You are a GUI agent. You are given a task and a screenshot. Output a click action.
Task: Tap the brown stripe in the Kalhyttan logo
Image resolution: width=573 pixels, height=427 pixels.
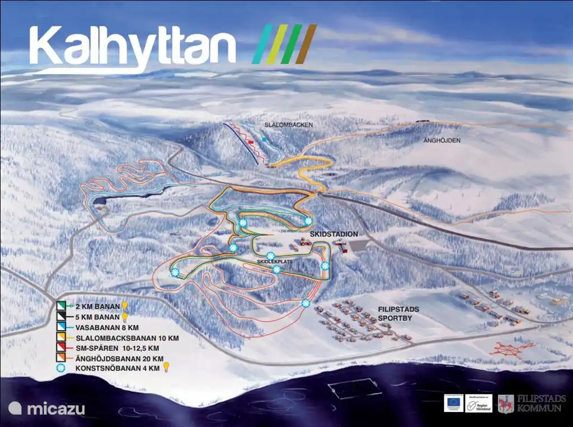pyautogui.click(x=306, y=44)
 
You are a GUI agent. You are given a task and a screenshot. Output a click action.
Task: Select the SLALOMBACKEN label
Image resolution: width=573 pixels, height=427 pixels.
pyautogui.click(x=288, y=124)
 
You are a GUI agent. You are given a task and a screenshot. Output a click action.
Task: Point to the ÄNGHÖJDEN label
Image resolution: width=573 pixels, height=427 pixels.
pyautogui.click(x=442, y=141)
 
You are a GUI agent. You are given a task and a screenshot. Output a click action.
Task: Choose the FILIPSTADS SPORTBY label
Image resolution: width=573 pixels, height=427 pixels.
pyautogui.click(x=398, y=313)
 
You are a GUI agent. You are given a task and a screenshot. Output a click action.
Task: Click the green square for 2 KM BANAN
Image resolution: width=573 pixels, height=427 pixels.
pyautogui.click(x=62, y=307)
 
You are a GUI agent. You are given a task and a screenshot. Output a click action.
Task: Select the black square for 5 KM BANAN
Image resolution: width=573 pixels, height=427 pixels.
pyautogui.click(x=62, y=317)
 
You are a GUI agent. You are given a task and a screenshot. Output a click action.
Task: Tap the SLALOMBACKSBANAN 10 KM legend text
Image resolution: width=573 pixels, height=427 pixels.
pyautogui.click(x=116, y=338)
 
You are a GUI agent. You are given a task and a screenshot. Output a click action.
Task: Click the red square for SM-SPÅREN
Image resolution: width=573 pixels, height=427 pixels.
pyautogui.click(x=62, y=348)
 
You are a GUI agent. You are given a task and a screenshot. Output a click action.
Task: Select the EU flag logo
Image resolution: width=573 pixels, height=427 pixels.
pyautogui.click(x=453, y=402)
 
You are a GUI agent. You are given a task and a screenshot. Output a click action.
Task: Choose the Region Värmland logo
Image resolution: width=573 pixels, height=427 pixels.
pyautogui.click(x=478, y=403)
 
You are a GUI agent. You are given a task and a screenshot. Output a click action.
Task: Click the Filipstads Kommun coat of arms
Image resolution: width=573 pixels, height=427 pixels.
pyautogui.click(x=506, y=403)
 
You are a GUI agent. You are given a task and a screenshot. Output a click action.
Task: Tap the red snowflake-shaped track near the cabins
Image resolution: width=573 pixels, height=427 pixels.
pyautogui.click(x=511, y=349)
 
